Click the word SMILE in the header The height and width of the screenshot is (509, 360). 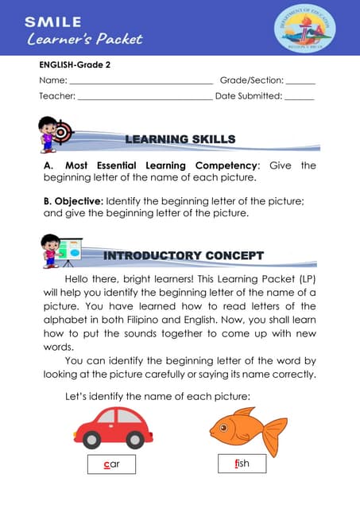coord(52,21)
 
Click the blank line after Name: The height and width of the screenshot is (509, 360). coord(141,82)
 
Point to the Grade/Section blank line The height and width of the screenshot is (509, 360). coord(300,82)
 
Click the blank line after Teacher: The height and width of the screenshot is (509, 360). coord(145,97)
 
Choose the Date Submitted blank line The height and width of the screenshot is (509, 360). coord(299,97)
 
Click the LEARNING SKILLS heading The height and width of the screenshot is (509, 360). coord(180,139)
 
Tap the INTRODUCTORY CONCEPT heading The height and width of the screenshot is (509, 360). coord(184,255)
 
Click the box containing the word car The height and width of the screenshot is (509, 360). coord(111,464)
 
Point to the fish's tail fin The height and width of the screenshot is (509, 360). coord(276,436)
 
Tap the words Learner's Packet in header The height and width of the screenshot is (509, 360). coord(84,38)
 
